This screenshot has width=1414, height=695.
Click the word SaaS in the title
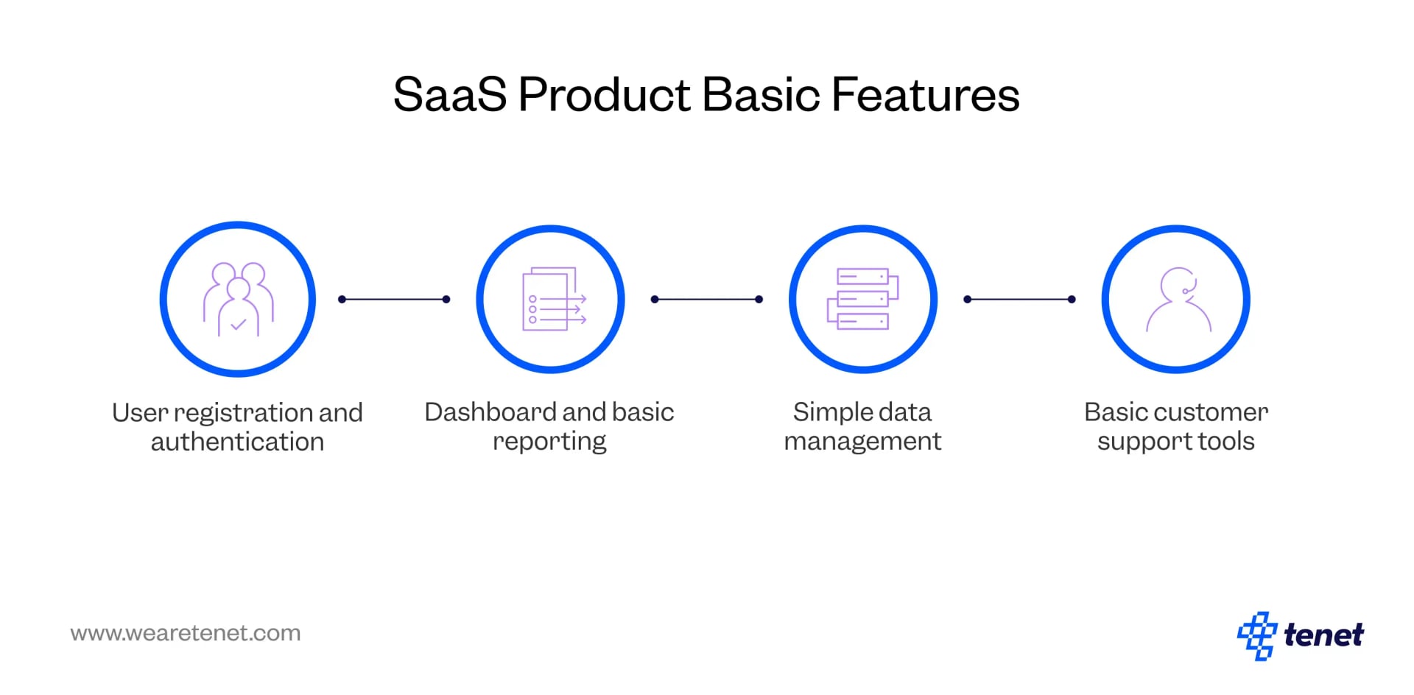click(449, 96)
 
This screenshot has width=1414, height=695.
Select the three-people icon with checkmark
click(238, 300)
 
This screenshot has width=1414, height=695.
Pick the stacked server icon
click(862, 300)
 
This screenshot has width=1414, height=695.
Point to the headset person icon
click(1177, 300)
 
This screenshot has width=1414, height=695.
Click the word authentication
click(237, 442)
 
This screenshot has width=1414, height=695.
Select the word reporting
click(549, 442)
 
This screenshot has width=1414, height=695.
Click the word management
click(862, 442)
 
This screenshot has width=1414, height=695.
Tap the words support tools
click(1176, 442)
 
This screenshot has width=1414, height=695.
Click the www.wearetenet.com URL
click(186, 633)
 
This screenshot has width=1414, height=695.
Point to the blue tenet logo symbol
click(1256, 635)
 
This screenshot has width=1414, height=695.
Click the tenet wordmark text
click(1323, 635)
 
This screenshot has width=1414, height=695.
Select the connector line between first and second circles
click(394, 300)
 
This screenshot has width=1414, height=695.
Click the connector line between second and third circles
click(707, 300)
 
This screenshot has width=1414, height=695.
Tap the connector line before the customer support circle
click(1019, 300)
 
